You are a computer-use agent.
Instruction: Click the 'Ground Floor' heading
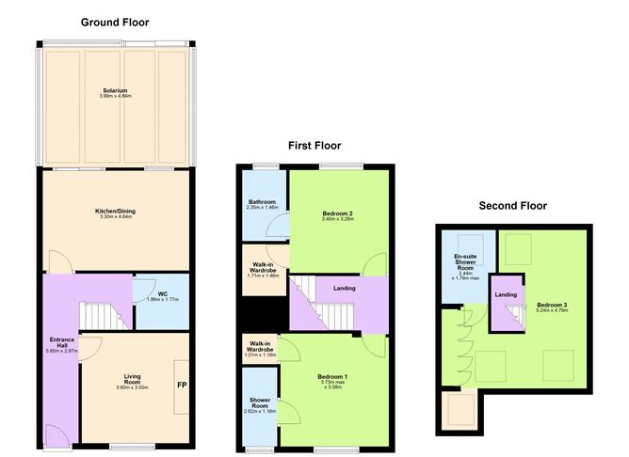click(115, 22)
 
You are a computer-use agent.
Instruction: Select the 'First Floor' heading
click(314, 146)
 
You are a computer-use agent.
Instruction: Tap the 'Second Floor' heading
click(512, 205)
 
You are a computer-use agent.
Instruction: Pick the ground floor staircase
click(98, 317)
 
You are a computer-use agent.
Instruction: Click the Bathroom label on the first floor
click(262, 204)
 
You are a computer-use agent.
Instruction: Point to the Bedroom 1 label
click(336, 382)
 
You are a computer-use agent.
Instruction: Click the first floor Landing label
click(345, 288)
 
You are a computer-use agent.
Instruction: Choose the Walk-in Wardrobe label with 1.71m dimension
click(262, 270)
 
